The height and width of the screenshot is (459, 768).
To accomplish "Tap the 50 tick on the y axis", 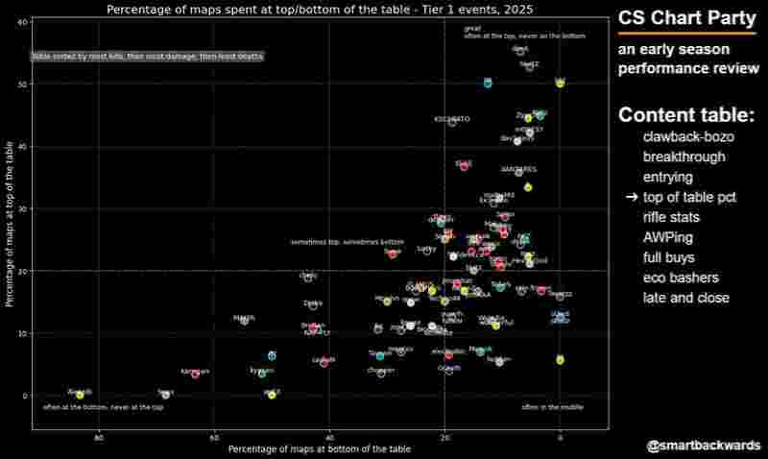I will [x=22, y=84].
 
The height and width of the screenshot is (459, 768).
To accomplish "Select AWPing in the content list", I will [x=670, y=237].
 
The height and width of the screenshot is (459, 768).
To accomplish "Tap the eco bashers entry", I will [x=681, y=278].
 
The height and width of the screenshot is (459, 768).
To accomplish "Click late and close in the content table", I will [x=685, y=298].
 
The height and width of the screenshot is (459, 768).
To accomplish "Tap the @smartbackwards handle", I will [x=704, y=446].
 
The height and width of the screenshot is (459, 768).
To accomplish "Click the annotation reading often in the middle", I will [x=552, y=407].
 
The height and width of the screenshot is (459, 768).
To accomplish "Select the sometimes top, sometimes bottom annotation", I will [x=347, y=242].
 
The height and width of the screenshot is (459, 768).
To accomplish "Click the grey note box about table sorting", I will [x=147, y=57].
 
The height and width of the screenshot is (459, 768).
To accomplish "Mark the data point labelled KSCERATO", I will [x=453, y=122].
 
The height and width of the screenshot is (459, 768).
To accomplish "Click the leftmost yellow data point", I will [x=80, y=395].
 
